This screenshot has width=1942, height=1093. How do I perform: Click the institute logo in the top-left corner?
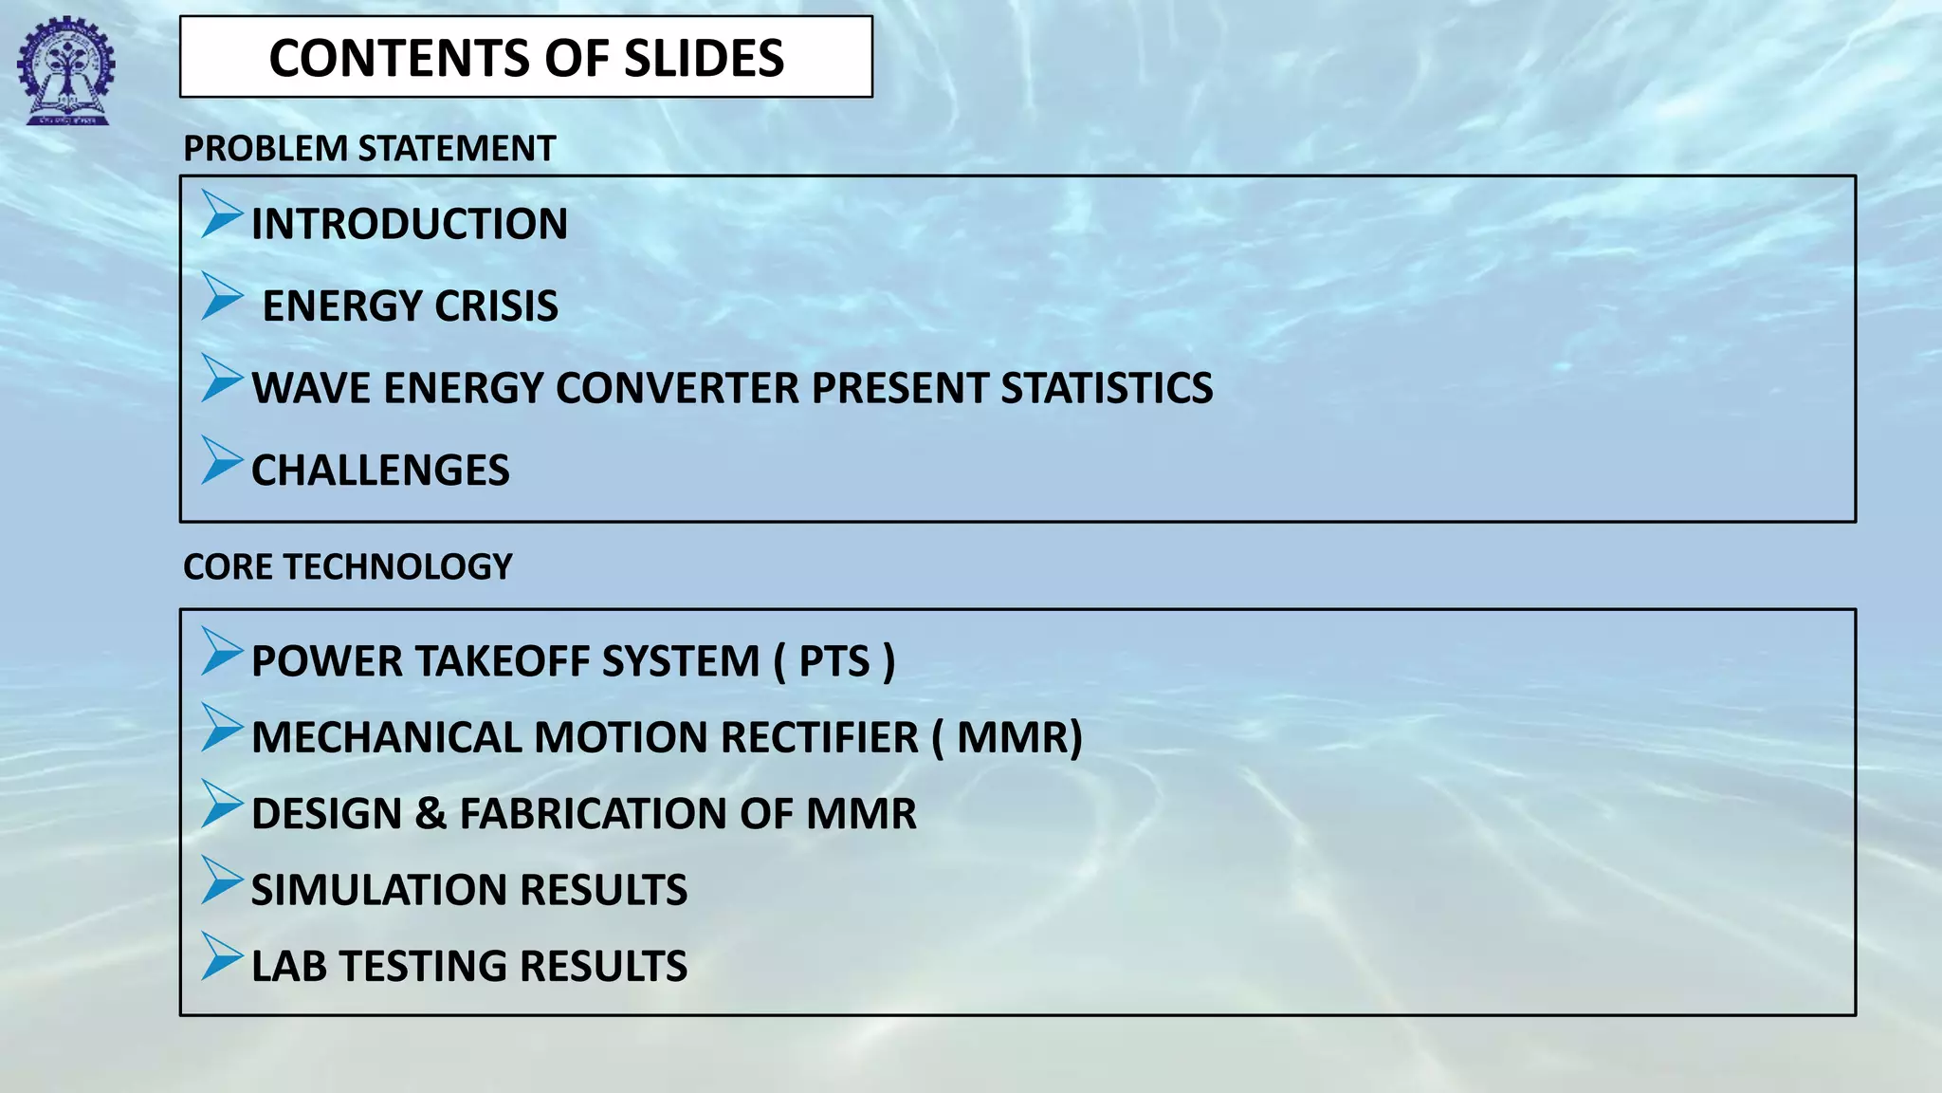click(x=64, y=72)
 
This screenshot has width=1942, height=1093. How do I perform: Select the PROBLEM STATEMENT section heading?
click(x=369, y=149)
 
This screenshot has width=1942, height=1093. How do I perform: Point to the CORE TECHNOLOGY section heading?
click(x=347, y=567)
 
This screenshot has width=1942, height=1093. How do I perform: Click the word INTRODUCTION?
click(x=410, y=225)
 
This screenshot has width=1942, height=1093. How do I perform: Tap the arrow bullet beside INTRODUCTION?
click(x=222, y=214)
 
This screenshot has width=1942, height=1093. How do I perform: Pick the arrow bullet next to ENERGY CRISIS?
click(x=222, y=296)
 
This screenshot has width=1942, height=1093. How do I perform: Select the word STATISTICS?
click(x=1107, y=388)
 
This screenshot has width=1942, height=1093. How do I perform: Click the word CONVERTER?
click(x=677, y=388)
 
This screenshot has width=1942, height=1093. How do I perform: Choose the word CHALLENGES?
click(x=380, y=471)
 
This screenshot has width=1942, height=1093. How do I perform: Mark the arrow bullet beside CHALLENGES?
click(x=222, y=461)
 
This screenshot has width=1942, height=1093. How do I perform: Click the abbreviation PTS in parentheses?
click(x=834, y=661)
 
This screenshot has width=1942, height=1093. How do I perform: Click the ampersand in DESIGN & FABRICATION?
click(x=431, y=814)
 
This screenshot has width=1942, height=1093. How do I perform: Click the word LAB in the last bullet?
click(x=289, y=966)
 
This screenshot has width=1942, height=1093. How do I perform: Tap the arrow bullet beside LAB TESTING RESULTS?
click(x=222, y=956)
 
